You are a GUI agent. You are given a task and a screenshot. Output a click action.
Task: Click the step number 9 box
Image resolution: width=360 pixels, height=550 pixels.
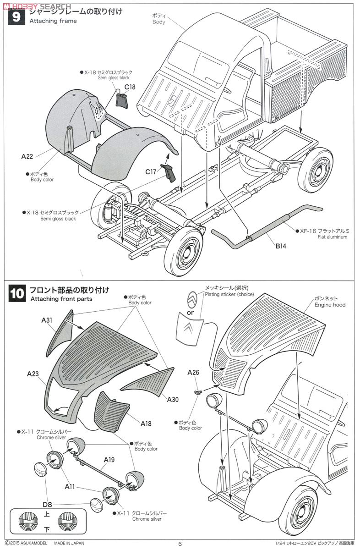16,17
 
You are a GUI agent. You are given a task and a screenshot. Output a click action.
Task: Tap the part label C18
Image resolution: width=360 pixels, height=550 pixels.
130,87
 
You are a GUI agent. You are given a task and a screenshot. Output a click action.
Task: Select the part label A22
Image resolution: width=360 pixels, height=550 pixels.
27,156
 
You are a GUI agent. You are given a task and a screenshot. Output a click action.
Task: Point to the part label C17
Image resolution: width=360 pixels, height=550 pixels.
151,172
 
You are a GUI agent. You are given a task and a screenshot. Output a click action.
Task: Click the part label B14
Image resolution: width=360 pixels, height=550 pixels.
281,246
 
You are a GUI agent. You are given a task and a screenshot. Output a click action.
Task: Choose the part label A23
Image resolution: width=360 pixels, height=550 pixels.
33,374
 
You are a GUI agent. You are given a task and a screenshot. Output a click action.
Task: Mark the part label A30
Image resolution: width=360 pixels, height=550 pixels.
173,399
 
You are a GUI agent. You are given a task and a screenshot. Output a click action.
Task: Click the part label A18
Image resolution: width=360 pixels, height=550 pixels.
146,424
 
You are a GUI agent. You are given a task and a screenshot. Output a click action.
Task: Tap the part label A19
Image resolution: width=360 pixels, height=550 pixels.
109,459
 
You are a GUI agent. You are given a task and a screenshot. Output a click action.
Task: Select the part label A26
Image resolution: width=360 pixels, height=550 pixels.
193,373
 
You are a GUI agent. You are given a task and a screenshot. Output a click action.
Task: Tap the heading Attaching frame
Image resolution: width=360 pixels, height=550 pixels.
53,21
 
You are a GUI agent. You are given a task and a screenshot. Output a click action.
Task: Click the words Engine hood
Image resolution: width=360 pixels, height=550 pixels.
330,304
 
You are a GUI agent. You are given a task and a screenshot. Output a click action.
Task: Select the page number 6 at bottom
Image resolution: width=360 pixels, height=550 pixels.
180,544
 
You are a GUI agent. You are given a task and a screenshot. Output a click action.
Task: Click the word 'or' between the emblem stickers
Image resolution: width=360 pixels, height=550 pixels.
191,312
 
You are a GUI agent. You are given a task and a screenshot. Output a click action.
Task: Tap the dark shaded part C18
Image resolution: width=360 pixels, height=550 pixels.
122,99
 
